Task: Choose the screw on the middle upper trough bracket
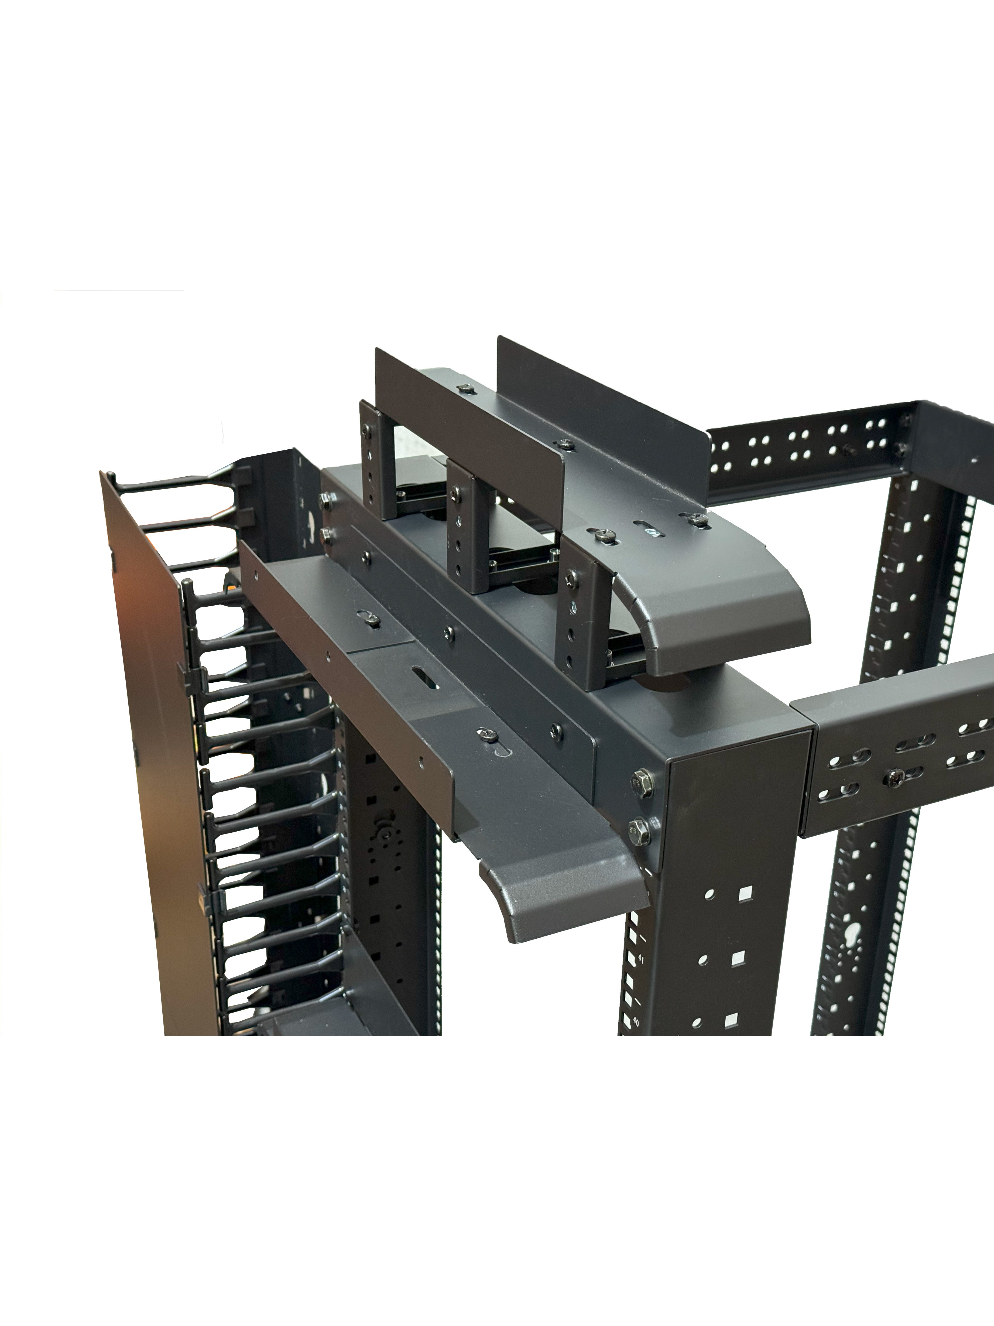[x=455, y=493]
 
